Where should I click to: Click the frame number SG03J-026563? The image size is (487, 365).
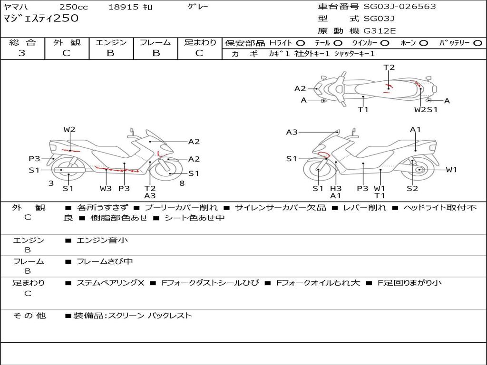click(x=399, y=7)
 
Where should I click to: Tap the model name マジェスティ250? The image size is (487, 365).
click(x=41, y=18)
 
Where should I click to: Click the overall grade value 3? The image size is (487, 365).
click(x=22, y=53)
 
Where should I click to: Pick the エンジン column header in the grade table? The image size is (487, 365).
click(x=111, y=42)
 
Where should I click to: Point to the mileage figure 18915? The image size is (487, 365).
click(x=123, y=7)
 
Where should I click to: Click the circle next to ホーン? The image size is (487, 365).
click(x=424, y=43)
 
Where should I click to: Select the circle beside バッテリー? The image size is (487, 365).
click(x=478, y=43)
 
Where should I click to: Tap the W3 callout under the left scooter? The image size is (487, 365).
click(x=106, y=188)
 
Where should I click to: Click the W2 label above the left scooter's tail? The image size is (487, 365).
click(x=69, y=129)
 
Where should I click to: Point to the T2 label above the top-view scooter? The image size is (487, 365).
click(x=389, y=67)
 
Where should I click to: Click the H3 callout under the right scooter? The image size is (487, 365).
click(x=336, y=188)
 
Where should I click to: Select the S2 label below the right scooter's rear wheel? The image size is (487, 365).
click(x=412, y=188)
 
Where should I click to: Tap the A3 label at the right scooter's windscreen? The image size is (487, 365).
click(x=292, y=132)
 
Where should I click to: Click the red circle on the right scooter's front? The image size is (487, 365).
click(x=324, y=154)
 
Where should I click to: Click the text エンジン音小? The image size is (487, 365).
click(x=102, y=240)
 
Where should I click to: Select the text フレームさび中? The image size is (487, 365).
click(x=105, y=262)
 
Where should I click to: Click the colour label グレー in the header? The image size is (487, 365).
click(x=198, y=7)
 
